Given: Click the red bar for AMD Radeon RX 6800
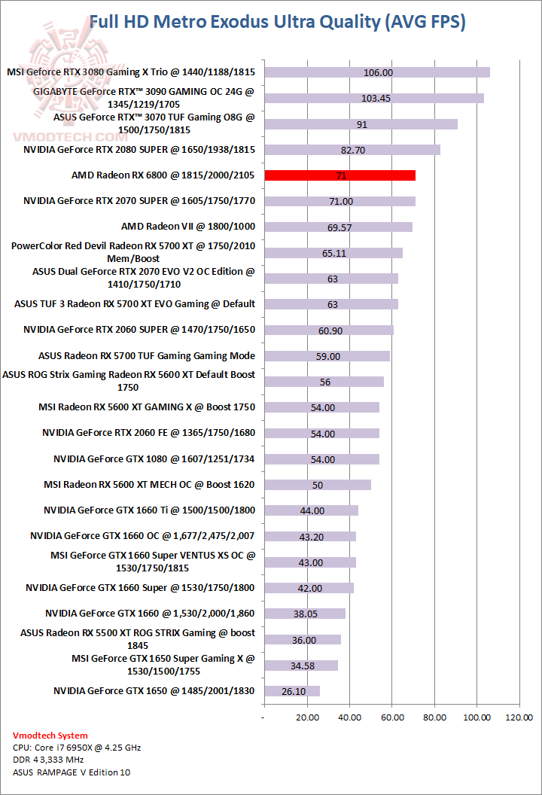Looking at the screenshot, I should pos(340,175).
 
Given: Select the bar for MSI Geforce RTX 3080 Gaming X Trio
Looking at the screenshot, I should pos(377,72).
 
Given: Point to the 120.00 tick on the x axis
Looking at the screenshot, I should pos(519,717).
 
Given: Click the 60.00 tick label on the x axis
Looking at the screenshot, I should pos(391,717).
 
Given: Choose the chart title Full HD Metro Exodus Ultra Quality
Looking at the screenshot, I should pos(277,22).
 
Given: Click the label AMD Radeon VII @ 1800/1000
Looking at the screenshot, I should pos(188,226).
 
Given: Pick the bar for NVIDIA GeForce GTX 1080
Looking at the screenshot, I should pos(321,459).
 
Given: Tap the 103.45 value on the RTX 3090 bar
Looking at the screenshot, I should pos(376,98).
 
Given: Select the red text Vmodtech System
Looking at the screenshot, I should pos(50,736).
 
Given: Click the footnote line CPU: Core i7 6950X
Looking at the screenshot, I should pos(77,748).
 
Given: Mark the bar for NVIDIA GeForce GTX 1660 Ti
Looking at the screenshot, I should pos(311,510).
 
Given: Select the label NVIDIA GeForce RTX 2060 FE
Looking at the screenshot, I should pos(149,433).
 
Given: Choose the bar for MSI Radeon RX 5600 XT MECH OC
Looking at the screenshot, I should pos(318,485).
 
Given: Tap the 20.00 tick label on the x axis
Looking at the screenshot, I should pos(307,717).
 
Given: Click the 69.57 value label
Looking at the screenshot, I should pos(334,227).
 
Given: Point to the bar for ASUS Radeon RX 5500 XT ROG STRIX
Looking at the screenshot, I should pos(303,640).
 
